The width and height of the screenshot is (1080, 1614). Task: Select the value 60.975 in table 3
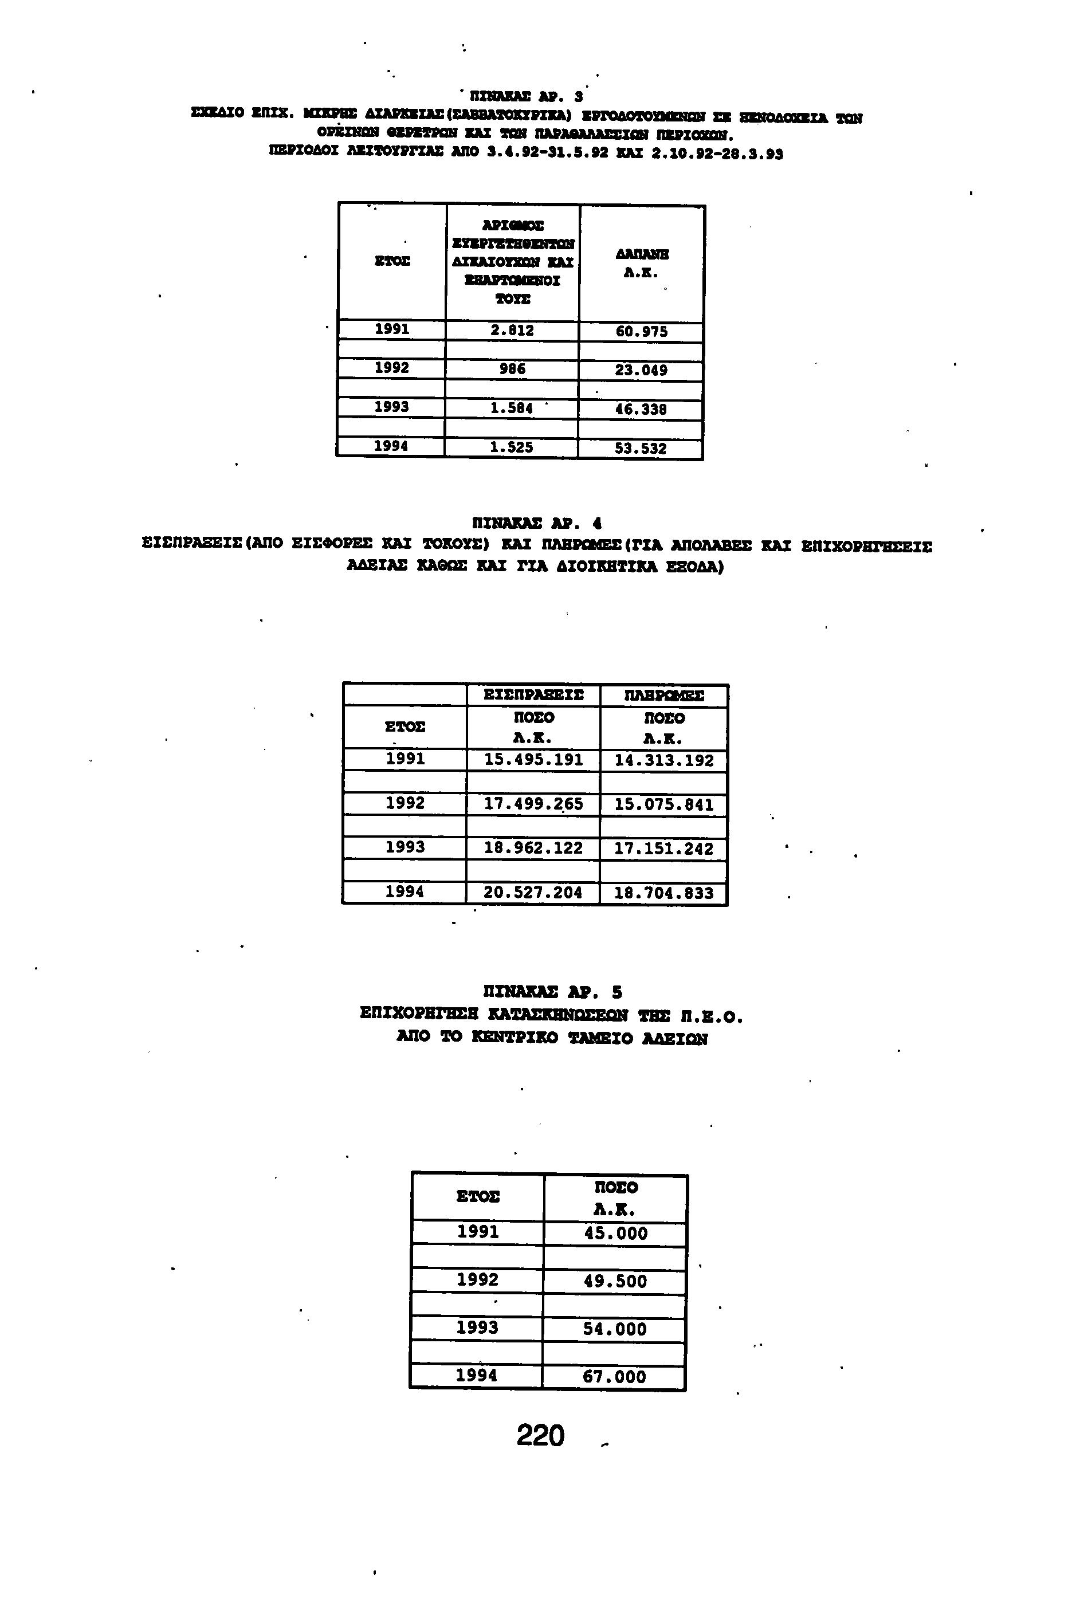click(x=641, y=332)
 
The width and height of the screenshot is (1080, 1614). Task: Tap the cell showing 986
click(x=512, y=369)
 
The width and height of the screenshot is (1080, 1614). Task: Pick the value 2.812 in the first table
click(x=512, y=331)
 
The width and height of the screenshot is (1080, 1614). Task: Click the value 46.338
click(x=641, y=410)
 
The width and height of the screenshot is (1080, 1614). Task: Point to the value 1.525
click(x=512, y=447)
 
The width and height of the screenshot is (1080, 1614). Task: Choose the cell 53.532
click(x=641, y=449)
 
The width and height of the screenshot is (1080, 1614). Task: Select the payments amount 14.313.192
click(x=664, y=761)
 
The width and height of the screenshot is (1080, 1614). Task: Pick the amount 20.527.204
click(x=532, y=893)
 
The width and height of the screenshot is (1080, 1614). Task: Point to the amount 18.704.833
click(x=663, y=894)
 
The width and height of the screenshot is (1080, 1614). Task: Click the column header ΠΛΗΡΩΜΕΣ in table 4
click(x=664, y=696)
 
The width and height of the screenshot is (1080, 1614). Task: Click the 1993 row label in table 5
click(x=477, y=1328)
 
